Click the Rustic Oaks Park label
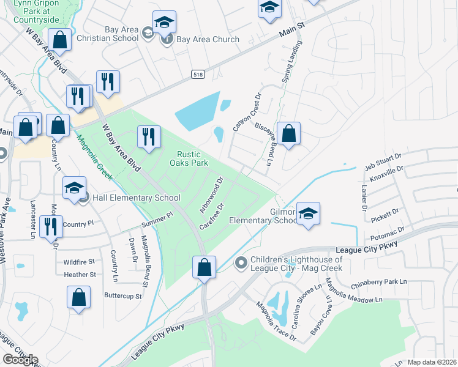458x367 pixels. tap(193, 158)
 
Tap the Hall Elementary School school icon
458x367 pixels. tap(74, 187)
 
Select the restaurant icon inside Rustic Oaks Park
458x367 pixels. tap(148, 137)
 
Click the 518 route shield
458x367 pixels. tap(198, 74)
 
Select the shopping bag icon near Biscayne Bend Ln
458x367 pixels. tap(288, 133)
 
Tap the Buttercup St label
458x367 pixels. tap(121, 296)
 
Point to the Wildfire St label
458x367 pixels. tap(80, 262)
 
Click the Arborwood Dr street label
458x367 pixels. tap(212, 195)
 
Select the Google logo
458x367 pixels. tap(20, 360)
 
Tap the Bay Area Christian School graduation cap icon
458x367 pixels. tap(163, 23)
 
